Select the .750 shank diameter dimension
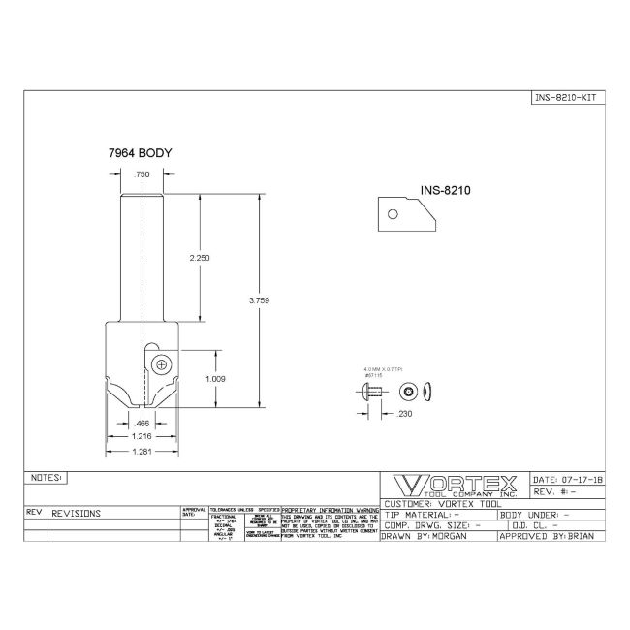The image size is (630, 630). (142, 173)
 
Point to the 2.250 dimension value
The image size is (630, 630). (201, 258)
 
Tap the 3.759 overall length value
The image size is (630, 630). (259, 300)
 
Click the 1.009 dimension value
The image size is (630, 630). (215, 379)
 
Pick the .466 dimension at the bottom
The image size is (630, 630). (142, 423)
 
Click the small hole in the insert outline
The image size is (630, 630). (394, 214)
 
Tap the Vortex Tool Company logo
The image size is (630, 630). (455, 486)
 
